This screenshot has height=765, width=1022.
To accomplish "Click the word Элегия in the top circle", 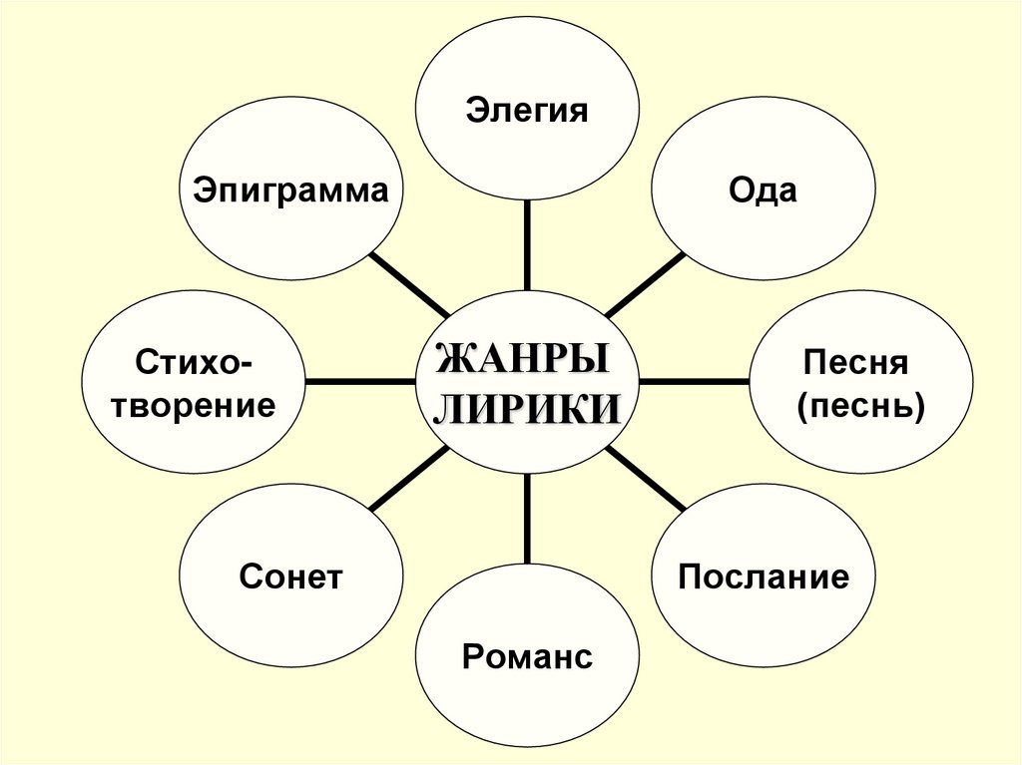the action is point(526,109).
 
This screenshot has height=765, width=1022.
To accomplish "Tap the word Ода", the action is point(763,191).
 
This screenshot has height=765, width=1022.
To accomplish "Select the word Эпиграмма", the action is point(290,191).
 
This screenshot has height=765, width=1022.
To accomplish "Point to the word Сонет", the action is point(290,575).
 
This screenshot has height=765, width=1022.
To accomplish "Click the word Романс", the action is point(527,656).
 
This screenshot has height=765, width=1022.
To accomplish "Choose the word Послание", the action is point(764,575).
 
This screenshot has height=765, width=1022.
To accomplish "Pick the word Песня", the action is point(860,361).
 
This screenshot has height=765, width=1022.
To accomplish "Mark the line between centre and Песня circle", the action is point(694,381).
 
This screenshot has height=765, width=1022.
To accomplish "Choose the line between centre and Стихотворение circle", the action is point(360,381).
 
